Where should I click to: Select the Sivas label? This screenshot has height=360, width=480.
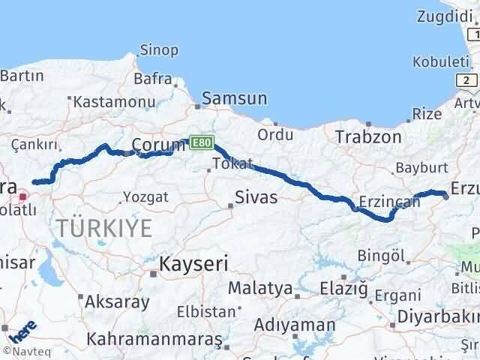256,198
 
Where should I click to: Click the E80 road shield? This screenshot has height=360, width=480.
199,141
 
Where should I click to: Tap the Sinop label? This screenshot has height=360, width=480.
160,50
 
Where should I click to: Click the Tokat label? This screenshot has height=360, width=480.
232,164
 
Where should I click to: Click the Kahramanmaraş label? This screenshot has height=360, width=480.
154,339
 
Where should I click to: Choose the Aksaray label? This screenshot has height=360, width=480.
118,302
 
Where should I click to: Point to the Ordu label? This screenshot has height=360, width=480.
274,135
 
